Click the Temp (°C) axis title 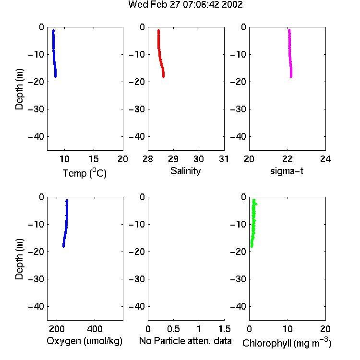tap(84, 173)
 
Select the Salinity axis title tap(185, 171)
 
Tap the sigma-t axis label tap(287, 171)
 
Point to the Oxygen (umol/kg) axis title tap(84, 341)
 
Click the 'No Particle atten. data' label tap(185, 341)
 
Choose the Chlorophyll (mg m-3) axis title tap(287, 343)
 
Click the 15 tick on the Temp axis tap(94, 159)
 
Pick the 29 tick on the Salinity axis tap(173, 159)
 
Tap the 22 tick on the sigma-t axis tap(287, 159)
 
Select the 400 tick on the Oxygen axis tap(95, 329)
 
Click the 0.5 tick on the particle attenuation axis tap(173, 329)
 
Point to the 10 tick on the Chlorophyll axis tap(288, 329)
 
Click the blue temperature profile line tap(54, 53)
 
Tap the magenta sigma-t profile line tap(290, 53)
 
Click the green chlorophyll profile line tap(254, 223)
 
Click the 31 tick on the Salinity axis tap(224, 159)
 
